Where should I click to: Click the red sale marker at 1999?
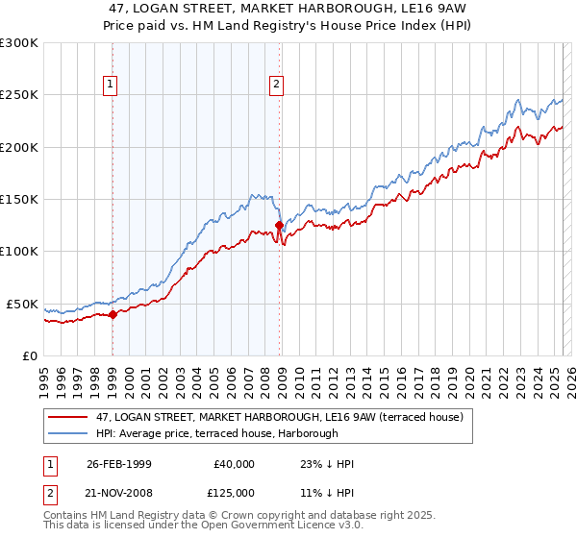(x=113, y=313)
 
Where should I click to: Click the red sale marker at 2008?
(x=279, y=226)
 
